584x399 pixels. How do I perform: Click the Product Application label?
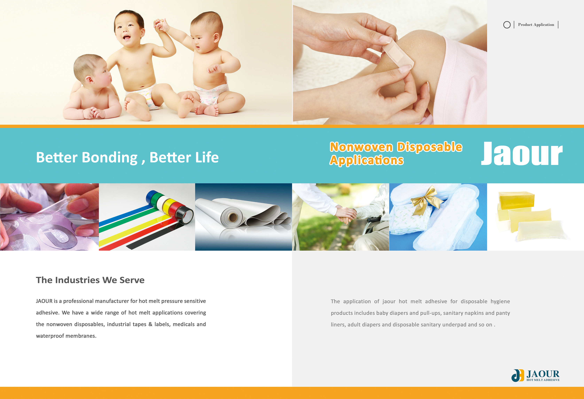coord(536,25)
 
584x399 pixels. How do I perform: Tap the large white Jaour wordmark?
coord(522,153)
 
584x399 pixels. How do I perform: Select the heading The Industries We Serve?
coord(90,280)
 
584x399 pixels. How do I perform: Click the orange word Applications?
coord(367,160)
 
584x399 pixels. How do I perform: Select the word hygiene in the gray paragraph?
coord(500,301)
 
